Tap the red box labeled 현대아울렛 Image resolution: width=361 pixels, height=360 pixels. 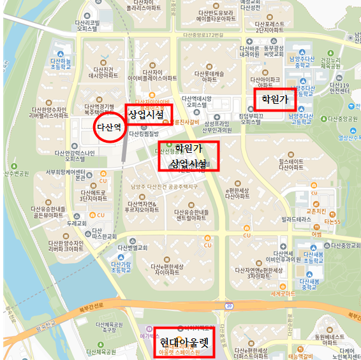pyautogui.click(x=184, y=342)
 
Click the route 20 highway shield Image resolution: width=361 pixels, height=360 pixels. pyautogui.click(x=228, y=306)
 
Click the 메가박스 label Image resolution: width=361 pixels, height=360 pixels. pyautogui.click(x=149, y=335)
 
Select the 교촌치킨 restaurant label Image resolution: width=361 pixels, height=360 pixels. pyautogui.click(x=316, y=210)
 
